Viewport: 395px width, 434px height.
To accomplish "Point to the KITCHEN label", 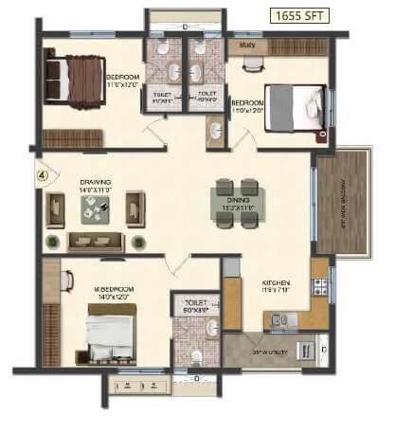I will (277, 282).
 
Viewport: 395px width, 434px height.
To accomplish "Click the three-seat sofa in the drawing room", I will (95, 240).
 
